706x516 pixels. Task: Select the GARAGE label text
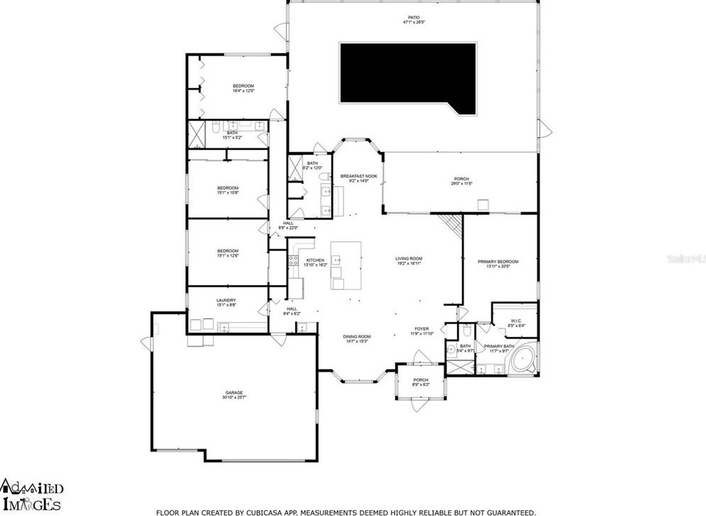coord(234,392)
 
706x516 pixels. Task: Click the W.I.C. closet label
coord(515,321)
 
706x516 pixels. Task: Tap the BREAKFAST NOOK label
coord(358,176)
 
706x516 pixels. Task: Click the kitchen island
coord(346,265)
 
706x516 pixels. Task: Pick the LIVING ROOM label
coord(410,258)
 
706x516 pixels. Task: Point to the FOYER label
coord(422,329)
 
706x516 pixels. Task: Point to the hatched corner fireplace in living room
coord(451,226)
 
